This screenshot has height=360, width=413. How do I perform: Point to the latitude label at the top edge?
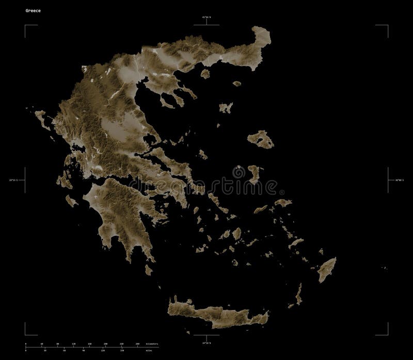point(207,18)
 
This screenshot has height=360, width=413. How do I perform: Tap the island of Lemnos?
point(226,108)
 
